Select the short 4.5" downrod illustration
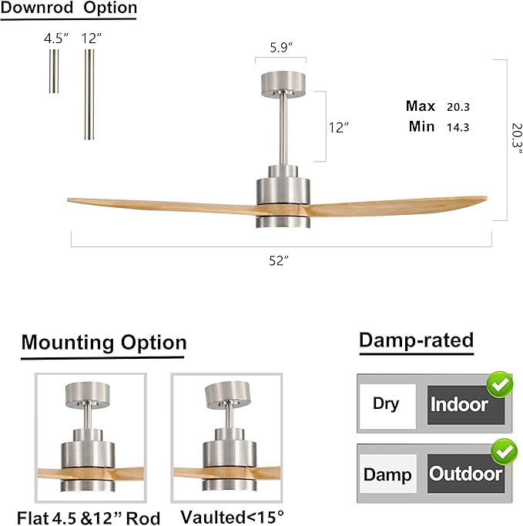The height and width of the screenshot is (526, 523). pos(54,71)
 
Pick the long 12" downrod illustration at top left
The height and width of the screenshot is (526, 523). pos(90,94)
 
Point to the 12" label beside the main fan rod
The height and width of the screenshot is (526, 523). pos(339,128)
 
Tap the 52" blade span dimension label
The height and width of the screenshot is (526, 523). pos(279,261)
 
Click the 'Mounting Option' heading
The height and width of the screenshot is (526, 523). pos(103,343)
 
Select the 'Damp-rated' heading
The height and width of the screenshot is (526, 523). pos(416,340)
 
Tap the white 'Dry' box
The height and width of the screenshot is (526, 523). pos(387,404)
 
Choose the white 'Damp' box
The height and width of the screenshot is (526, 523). pos(387,473)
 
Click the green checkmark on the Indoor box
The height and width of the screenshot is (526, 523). pos(500,384)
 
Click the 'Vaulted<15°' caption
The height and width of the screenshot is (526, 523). pos(221,516)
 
